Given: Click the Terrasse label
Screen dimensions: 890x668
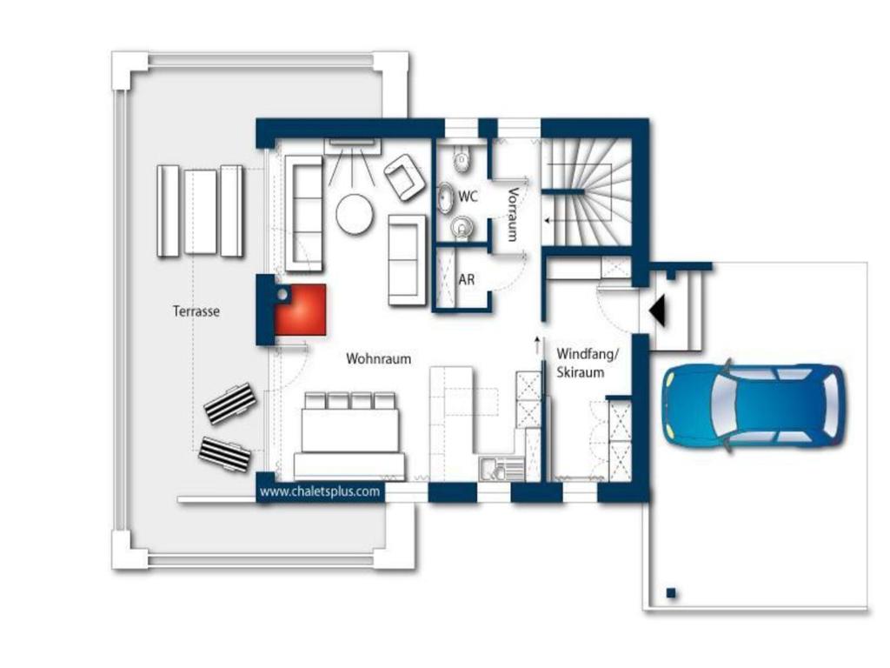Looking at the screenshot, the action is [196, 311].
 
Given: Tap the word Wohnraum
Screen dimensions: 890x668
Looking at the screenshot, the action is [379, 359].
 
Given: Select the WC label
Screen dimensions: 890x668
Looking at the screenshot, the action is [468, 197].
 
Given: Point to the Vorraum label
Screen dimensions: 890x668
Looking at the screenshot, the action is [513, 215].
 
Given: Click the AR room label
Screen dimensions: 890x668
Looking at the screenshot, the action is [467, 279].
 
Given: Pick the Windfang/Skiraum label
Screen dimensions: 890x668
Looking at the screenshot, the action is [587, 364].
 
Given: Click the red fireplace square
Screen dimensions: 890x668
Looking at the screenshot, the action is [300, 311].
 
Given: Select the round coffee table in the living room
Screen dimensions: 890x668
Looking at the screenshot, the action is [355, 215].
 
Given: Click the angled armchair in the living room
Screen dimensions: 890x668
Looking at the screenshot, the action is [405, 177].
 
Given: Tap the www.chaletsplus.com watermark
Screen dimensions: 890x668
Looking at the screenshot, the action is [320, 492].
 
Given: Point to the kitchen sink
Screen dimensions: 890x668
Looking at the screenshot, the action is [501, 469].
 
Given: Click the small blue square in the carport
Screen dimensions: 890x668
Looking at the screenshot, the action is [671, 593].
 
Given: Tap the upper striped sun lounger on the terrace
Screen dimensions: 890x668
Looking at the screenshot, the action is [229, 404].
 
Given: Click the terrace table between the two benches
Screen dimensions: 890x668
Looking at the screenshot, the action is [201, 211].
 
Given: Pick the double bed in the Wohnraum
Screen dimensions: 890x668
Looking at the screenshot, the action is [349, 435].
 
